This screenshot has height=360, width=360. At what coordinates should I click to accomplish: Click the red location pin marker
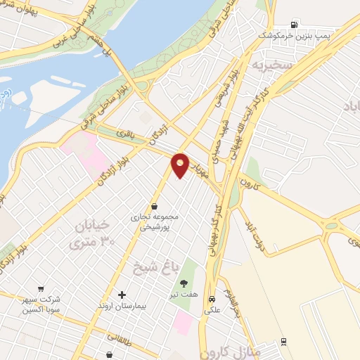[x=181, y=165]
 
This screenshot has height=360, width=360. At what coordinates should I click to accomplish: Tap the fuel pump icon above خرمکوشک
[x=294, y=25]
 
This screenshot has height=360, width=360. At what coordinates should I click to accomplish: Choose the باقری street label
[x=124, y=133]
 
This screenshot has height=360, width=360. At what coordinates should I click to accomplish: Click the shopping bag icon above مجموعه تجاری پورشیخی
[x=154, y=206]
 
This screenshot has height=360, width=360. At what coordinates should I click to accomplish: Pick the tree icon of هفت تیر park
[x=184, y=283]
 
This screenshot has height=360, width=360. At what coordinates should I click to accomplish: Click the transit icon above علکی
[x=211, y=298]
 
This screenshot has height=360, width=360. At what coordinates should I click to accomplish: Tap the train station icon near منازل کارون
[x=283, y=342]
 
